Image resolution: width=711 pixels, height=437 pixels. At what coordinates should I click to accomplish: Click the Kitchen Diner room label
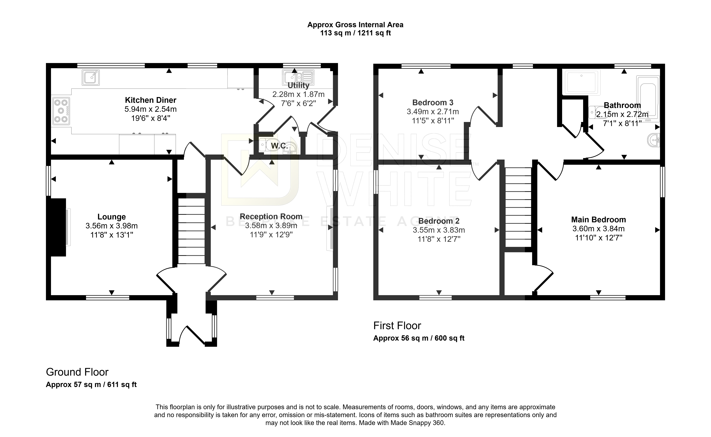pos(151,100)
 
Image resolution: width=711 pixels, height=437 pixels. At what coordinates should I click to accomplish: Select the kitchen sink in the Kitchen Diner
pos(91,77)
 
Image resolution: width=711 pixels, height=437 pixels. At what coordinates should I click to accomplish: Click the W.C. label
pos(279,146)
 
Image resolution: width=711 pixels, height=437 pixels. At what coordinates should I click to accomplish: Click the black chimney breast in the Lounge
pos(58,227)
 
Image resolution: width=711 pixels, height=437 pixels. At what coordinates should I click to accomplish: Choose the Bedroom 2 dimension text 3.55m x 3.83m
pos(439,230)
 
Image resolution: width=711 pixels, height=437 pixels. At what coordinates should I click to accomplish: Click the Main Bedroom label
pos(598,220)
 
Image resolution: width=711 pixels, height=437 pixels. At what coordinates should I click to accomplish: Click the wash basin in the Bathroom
pos(653,140)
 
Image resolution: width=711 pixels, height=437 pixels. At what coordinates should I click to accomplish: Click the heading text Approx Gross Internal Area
pos(355,25)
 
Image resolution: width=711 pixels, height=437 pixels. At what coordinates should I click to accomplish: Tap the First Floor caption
pos(397,326)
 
